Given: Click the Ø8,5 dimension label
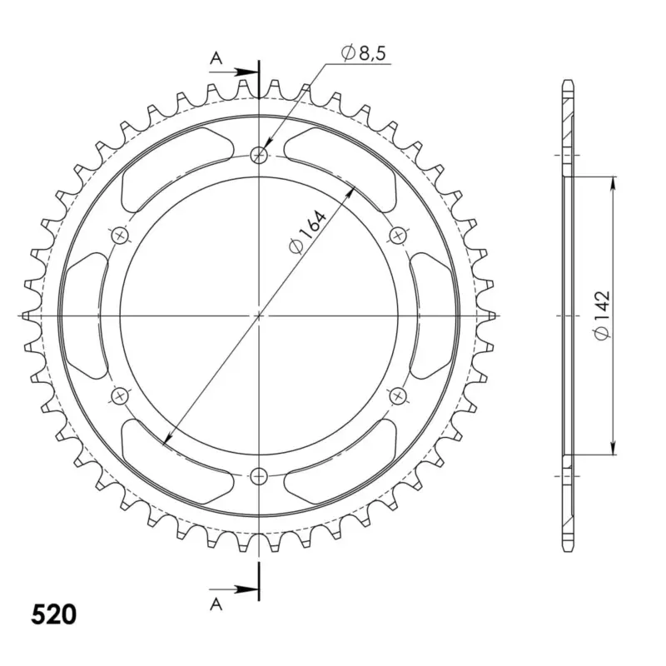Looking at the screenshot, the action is click(364, 53).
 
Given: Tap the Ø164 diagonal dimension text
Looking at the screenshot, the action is click(307, 232).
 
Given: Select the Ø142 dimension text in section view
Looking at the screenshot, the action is click(602, 316).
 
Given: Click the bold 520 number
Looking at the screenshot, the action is click(53, 614).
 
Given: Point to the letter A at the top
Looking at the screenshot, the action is click(216, 58).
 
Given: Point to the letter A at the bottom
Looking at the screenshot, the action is click(216, 604).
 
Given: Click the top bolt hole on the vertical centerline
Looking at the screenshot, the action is click(259, 155).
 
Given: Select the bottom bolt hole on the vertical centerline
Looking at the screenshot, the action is click(259, 476).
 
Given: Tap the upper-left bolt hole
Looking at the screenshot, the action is click(120, 235).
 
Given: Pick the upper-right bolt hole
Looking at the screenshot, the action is click(398, 235).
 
